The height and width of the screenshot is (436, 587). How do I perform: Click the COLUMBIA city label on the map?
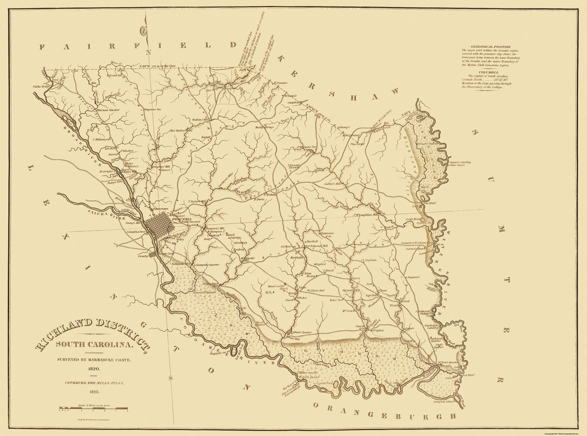coord(182,219)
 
